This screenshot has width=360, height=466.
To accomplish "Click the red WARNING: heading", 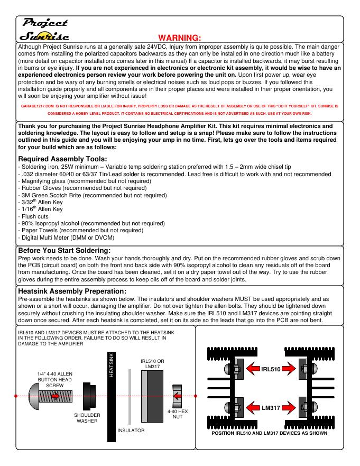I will [x=180, y=38].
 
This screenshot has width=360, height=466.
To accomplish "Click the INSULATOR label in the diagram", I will [x=131, y=431].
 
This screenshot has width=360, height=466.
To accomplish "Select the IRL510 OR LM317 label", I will [x=154, y=364].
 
